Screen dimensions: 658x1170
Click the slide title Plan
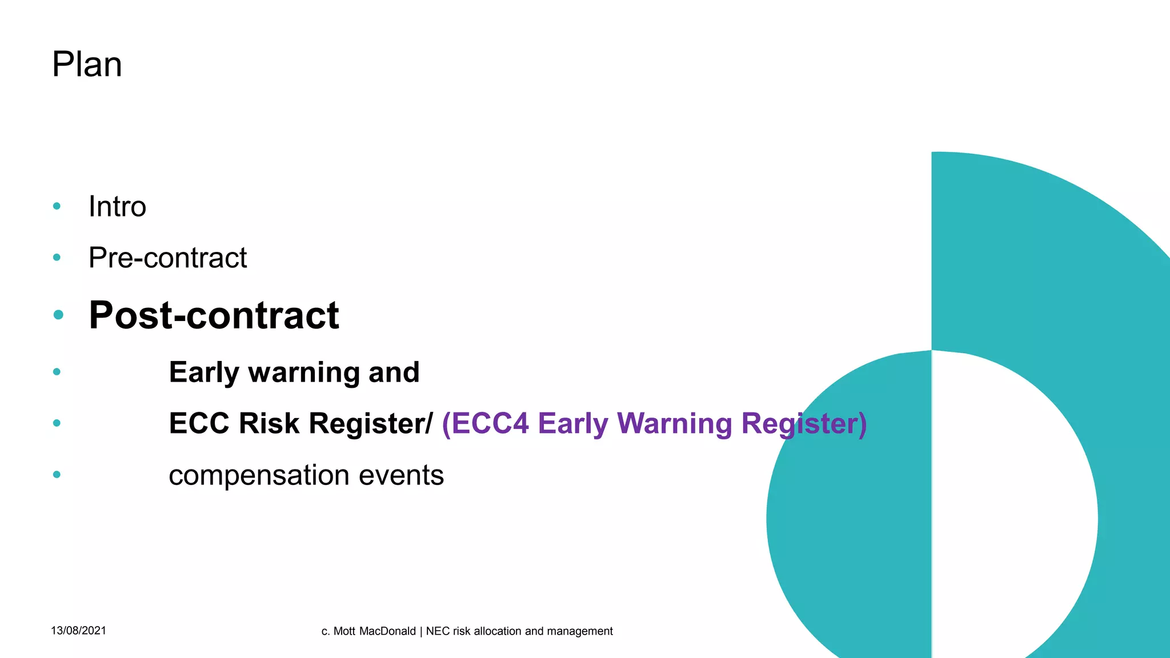pyautogui.click(x=87, y=64)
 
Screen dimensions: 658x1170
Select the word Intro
pyautogui.click(x=117, y=206)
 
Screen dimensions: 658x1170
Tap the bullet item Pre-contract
pyautogui.click(x=167, y=258)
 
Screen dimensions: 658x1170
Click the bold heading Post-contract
pyautogui.click(x=214, y=315)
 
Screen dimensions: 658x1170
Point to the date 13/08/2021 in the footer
pyautogui.click(x=78, y=631)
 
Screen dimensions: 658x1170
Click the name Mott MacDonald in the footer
pyautogui.click(x=374, y=631)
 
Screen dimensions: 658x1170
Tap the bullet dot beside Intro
pyautogui.click(x=57, y=206)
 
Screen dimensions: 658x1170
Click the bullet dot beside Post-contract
pyautogui.click(x=58, y=315)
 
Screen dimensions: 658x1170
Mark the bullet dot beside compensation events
pyautogui.click(x=57, y=474)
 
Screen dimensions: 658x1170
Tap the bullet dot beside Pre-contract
pyautogui.click(x=57, y=258)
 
